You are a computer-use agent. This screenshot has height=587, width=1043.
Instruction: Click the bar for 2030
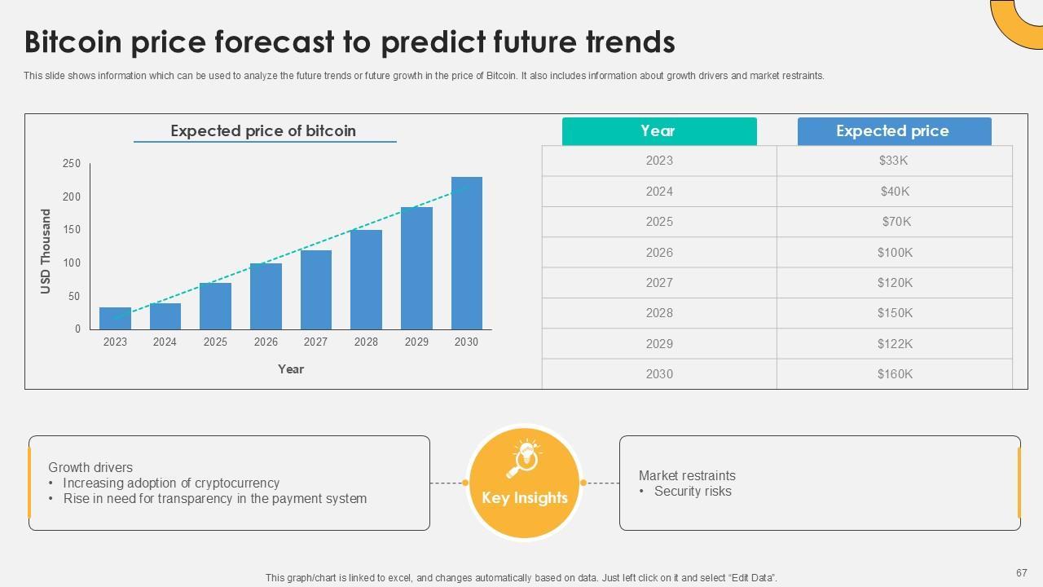point(467,253)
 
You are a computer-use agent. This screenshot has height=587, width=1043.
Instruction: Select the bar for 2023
point(115,318)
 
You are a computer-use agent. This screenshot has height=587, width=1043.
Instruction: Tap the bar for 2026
point(266,296)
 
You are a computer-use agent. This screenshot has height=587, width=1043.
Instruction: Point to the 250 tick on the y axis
point(72,164)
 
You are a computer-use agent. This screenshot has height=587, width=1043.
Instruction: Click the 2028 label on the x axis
point(366,342)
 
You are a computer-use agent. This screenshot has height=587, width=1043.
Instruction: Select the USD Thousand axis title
point(45,251)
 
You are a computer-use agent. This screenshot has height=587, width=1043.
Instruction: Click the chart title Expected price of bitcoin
point(263,131)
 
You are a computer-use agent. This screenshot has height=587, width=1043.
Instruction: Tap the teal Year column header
point(659,131)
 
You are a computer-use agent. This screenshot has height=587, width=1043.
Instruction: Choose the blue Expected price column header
point(895,131)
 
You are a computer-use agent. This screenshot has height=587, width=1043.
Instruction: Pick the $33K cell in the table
point(894,161)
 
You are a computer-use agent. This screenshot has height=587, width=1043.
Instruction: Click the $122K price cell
point(895,344)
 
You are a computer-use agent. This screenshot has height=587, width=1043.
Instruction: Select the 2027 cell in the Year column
point(659,283)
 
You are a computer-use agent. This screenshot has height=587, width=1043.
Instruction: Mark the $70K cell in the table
point(896,222)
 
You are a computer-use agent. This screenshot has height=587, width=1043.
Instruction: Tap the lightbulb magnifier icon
point(524,459)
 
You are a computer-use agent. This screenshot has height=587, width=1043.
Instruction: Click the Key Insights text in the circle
point(525,497)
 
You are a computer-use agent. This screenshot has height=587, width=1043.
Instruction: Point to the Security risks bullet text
point(693,491)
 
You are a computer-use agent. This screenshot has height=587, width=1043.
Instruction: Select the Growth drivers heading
point(90,467)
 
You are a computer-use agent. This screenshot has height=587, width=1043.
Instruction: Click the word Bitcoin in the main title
point(73,42)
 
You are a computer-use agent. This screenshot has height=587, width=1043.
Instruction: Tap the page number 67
point(1022,572)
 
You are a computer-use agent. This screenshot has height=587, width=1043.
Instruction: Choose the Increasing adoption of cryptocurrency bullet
point(171,483)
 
